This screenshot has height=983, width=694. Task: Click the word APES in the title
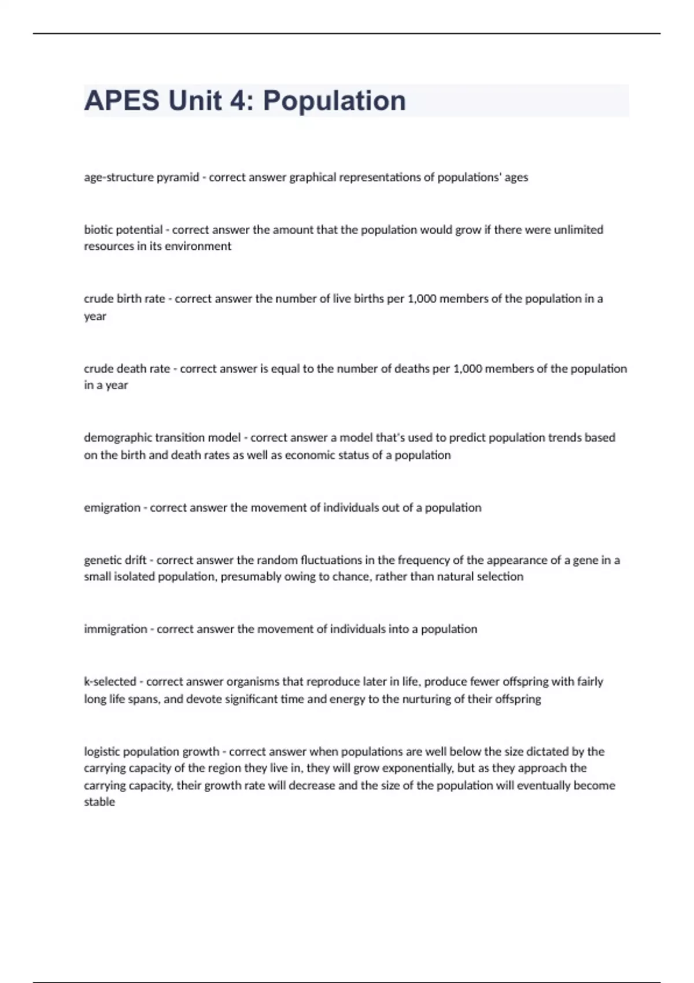click(x=121, y=101)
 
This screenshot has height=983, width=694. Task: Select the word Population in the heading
click(x=334, y=101)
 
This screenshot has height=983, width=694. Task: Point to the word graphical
click(x=312, y=177)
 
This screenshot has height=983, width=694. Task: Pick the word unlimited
click(x=578, y=230)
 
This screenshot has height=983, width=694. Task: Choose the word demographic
click(x=117, y=437)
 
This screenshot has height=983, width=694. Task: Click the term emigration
click(x=112, y=507)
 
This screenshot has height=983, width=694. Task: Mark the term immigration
click(x=115, y=629)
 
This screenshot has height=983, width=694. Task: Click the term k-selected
click(x=110, y=681)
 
